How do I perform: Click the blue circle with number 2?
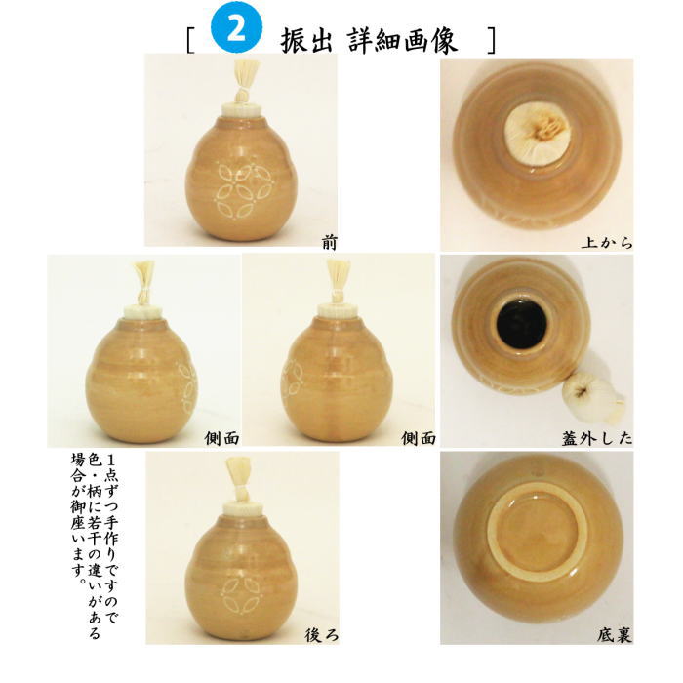[239, 30]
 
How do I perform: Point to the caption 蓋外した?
[596, 438]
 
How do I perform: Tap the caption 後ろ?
[321, 634]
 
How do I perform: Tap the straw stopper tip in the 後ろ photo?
[241, 472]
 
